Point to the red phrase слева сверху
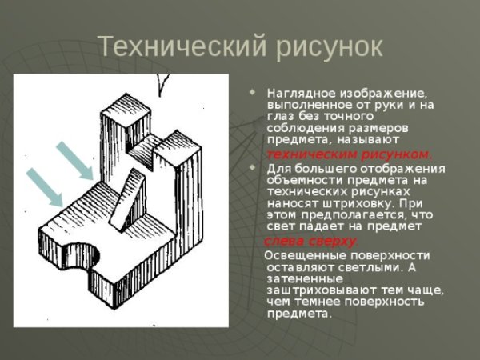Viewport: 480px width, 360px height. (311, 241)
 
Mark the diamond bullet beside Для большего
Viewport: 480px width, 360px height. (254, 168)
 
